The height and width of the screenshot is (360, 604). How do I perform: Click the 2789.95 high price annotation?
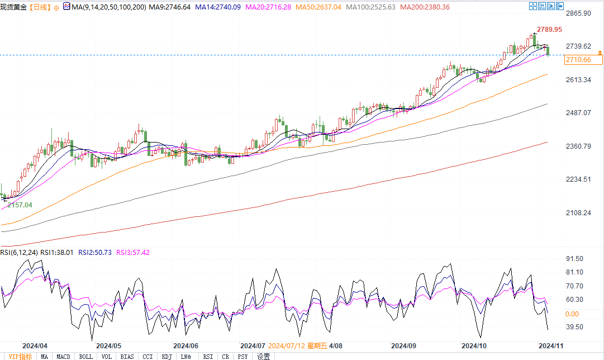549,29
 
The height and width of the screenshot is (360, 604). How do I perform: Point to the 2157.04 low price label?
20,205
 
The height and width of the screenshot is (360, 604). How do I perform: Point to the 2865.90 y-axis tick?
578,13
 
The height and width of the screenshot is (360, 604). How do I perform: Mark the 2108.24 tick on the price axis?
578,213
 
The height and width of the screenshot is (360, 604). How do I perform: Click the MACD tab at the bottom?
64,356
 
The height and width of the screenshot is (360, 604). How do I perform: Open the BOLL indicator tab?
85,356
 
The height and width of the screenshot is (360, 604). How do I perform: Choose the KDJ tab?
167,356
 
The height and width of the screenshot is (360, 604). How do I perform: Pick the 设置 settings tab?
264,356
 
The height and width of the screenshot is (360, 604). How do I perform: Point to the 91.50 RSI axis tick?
574,259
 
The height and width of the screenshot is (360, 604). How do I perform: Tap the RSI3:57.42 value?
133,253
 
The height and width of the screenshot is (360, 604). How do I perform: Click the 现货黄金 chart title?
13,7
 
